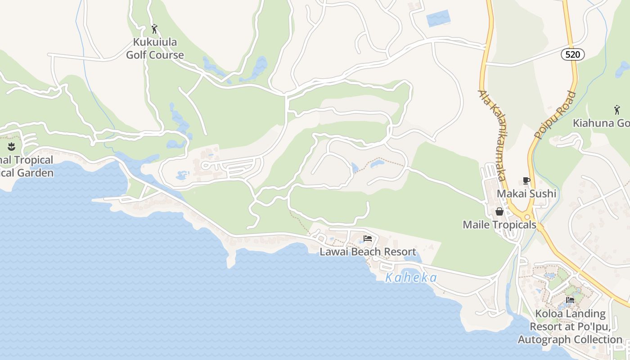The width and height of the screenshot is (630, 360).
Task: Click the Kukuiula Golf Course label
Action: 155,49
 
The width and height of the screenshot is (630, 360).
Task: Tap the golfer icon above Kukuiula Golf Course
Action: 155,29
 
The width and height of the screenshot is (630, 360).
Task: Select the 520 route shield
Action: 572,54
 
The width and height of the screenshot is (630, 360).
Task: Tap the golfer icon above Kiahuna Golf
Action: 616,109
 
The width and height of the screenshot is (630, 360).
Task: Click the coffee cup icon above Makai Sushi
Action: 526,181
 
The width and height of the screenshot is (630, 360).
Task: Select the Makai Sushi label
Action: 526,193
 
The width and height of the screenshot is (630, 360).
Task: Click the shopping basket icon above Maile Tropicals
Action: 499,211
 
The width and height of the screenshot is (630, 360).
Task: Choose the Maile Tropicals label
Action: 499,224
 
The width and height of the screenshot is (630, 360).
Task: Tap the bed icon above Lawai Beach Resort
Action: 368,238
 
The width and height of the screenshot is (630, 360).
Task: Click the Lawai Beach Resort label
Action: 368,252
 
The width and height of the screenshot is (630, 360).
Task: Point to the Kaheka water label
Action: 411,278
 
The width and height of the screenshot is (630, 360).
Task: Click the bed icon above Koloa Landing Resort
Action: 570,300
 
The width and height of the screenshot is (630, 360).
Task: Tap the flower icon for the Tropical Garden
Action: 12,146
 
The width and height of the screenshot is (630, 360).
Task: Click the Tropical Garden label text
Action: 27,166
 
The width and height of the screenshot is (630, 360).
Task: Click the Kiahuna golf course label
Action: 601,123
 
